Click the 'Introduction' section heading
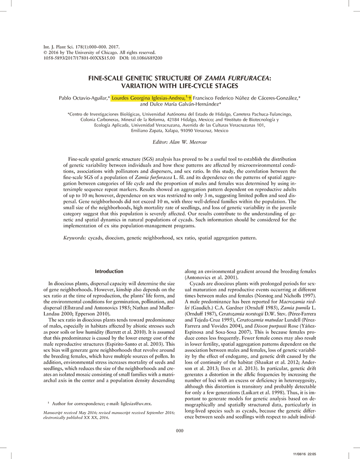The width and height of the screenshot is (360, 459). [109, 271]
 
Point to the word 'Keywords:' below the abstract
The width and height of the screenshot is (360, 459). [75, 238]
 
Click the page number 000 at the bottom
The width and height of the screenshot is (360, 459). [180, 431]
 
